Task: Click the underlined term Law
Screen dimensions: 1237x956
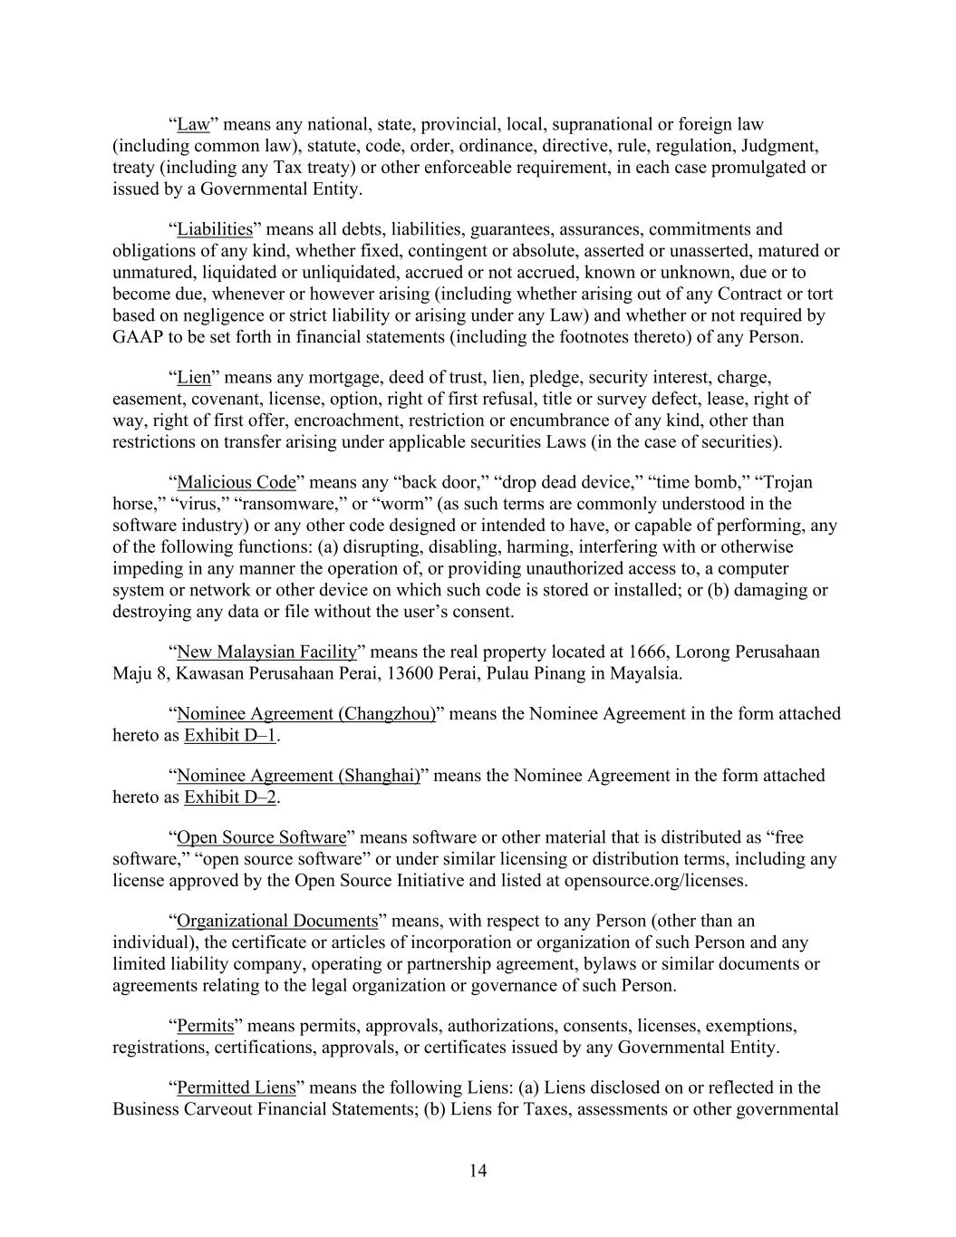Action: click(193, 124)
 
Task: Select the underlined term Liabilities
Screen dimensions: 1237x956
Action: click(214, 229)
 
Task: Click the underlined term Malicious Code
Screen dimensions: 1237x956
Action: click(236, 482)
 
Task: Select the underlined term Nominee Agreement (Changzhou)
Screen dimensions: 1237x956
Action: click(306, 714)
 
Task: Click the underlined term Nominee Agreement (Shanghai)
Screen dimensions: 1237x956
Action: click(298, 776)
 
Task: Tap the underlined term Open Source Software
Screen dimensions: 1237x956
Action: click(261, 837)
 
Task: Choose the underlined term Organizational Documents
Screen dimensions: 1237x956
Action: click(276, 922)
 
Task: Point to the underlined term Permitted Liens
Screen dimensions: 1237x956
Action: click(236, 1088)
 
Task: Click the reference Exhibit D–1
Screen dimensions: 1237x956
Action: click(230, 736)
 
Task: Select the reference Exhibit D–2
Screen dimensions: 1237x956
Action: click(230, 797)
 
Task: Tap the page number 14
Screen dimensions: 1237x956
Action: click(478, 1171)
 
